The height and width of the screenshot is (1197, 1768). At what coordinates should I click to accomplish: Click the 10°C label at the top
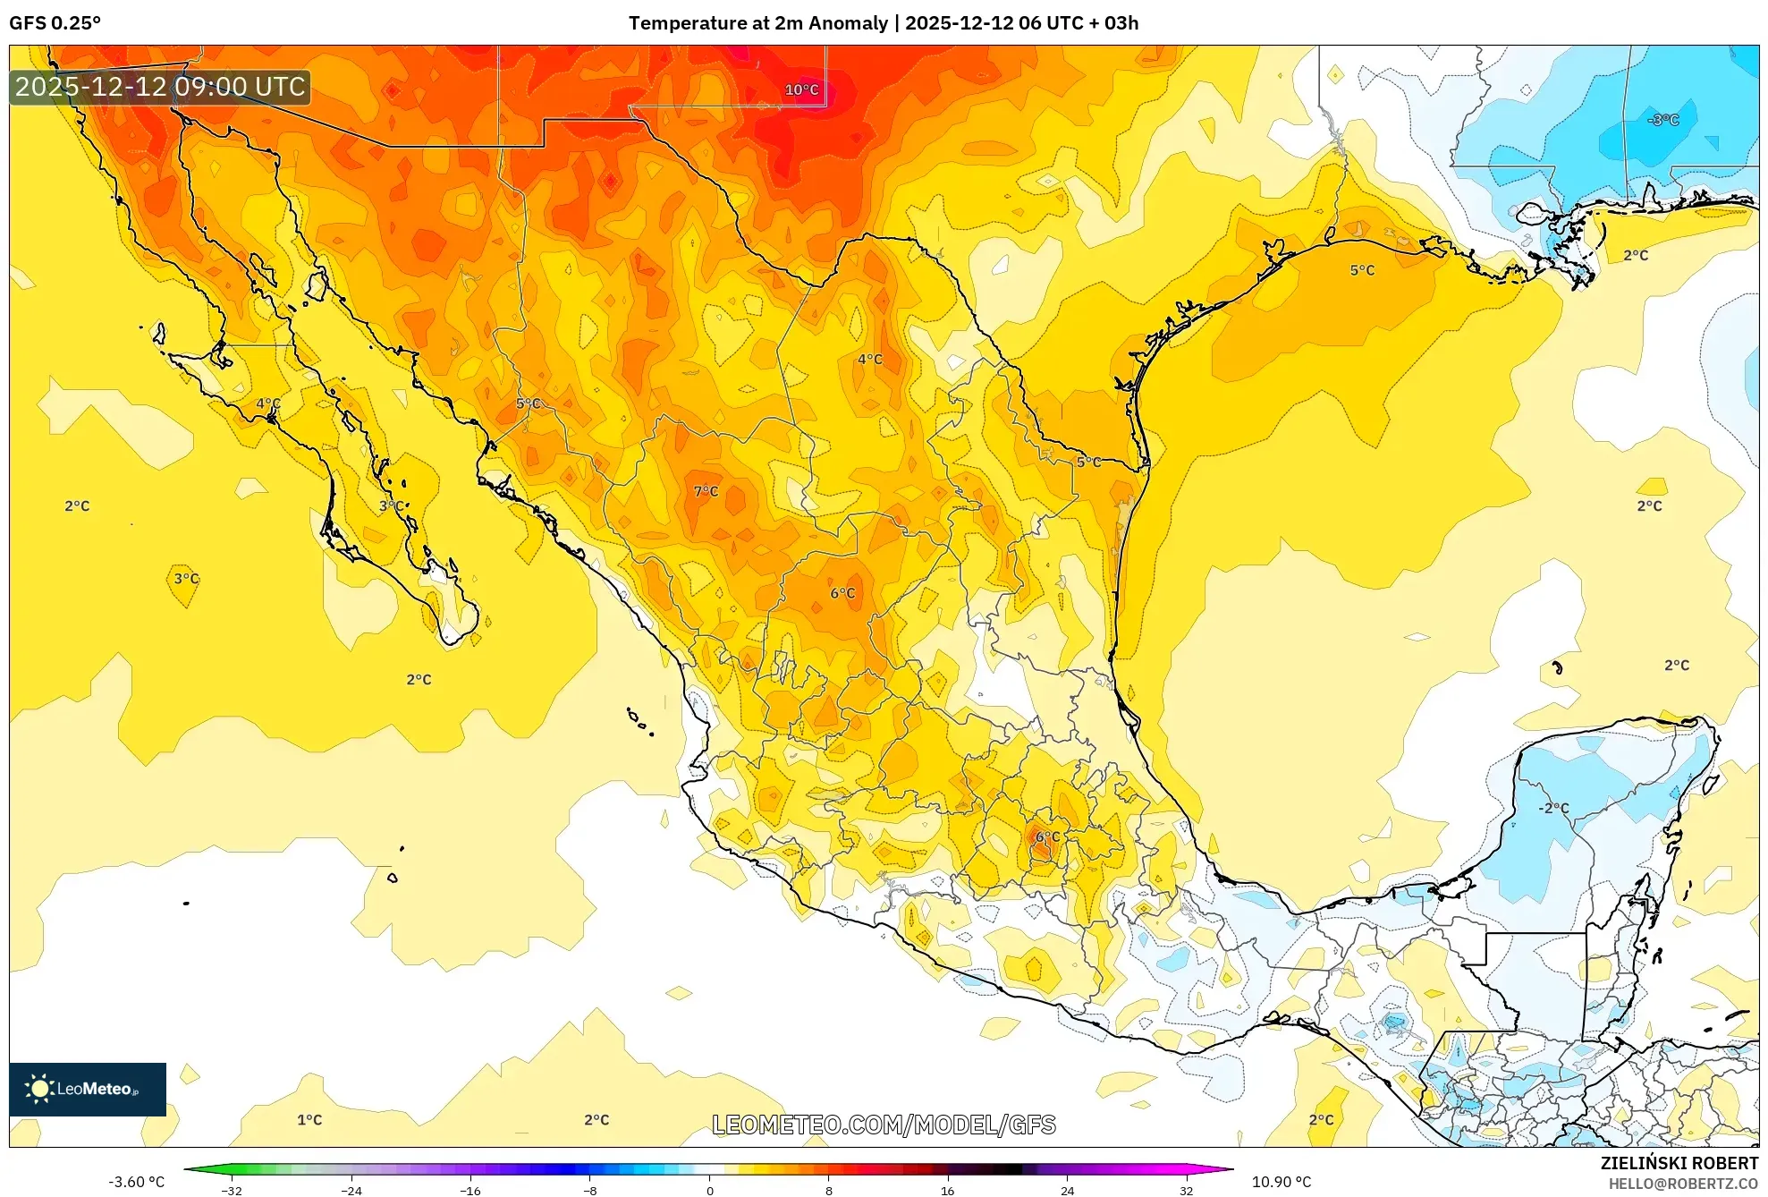801,89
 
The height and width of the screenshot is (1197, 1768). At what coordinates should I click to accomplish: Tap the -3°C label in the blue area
1663,120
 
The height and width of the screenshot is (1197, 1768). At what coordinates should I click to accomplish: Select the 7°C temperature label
706,490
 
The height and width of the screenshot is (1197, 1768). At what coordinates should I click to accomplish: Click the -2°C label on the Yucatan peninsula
1553,808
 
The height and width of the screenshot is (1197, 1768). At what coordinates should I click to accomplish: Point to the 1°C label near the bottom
309,1119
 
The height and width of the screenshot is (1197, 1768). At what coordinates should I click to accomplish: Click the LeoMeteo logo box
88,1089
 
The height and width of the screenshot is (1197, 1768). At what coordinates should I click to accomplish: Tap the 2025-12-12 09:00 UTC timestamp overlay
160,87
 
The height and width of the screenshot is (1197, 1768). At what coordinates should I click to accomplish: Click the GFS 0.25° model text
55,23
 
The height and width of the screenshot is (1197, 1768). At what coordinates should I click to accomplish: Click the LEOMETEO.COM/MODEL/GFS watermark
884,1125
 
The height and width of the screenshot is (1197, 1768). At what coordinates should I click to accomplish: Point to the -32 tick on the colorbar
232,1190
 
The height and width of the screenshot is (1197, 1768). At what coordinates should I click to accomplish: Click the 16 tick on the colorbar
948,1190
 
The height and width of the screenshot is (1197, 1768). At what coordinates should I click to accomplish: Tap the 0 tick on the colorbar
710,1190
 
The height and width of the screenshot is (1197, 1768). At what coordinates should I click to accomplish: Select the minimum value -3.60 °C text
137,1182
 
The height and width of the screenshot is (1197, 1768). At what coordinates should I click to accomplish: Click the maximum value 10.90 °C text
1282,1182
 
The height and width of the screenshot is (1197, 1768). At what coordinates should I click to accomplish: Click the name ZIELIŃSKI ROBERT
1679,1163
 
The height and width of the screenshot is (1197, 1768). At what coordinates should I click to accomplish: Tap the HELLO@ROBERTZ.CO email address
1683,1184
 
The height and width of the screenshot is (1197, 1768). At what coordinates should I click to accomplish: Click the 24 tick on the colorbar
1067,1190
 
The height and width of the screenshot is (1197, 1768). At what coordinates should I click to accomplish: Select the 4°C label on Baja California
268,403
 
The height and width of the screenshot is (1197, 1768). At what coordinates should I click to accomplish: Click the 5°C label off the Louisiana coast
1362,270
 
